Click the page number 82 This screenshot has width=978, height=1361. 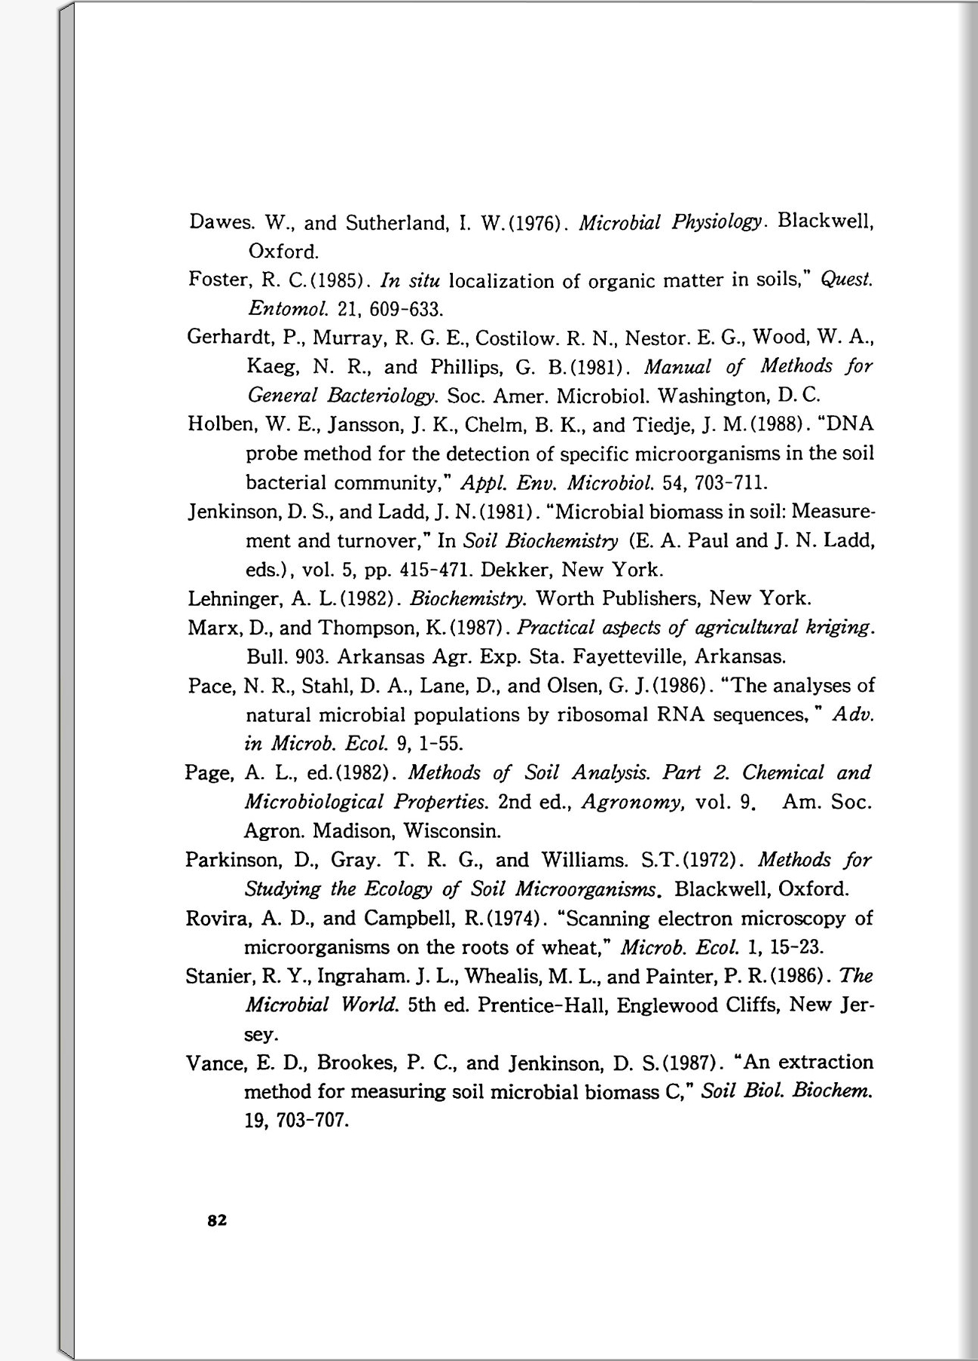point(217,1220)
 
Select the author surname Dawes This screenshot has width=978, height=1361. point(218,223)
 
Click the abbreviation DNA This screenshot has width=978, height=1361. point(850,424)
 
